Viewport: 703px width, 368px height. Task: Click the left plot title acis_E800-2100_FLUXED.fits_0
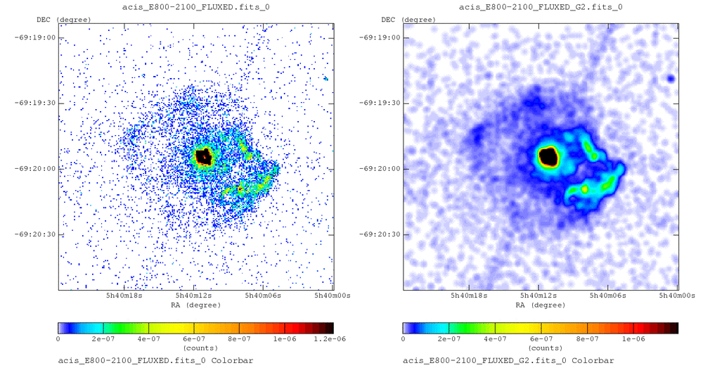coord(195,7)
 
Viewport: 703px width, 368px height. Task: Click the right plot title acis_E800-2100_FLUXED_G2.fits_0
coord(540,7)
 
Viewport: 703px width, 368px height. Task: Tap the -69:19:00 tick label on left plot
coord(35,37)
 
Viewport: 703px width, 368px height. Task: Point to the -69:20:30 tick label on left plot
coord(35,234)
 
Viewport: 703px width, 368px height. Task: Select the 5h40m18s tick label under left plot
coord(124,297)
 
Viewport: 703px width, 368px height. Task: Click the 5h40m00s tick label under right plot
coord(677,297)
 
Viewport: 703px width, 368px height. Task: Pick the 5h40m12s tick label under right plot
coord(538,297)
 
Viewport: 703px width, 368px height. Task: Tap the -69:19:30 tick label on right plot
coord(380,103)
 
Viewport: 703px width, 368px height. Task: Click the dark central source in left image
coord(204,156)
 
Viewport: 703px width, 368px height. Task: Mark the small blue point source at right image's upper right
coord(671,78)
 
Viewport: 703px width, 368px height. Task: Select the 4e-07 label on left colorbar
coord(149,338)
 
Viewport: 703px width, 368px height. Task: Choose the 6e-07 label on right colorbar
coord(541,338)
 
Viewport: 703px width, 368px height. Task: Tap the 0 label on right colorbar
coord(404,338)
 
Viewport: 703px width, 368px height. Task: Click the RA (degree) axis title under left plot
coord(195,305)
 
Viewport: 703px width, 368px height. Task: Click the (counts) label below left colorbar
coord(195,348)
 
